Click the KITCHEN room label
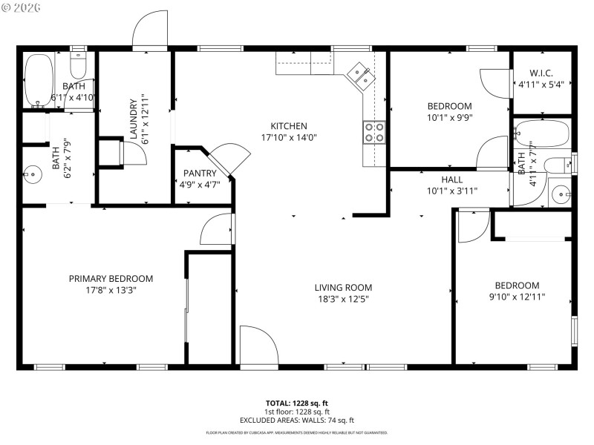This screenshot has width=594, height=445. tap(289, 126)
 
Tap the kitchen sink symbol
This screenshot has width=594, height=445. tap(361, 74)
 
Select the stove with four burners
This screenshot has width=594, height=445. tap(373, 132)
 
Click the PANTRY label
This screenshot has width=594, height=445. tap(200, 174)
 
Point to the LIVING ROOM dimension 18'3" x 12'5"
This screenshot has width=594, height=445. tap(342, 299)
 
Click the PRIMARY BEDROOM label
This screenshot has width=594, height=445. tap(111, 279)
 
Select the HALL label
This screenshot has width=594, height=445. tap(451, 179)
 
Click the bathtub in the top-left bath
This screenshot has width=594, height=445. tap(38, 81)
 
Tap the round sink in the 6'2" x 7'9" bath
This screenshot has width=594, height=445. tap(32, 176)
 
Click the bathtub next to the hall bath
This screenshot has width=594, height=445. tap(541, 134)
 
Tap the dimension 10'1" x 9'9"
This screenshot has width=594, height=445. tap(449, 117)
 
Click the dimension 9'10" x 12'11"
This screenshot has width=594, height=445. tap(517, 297)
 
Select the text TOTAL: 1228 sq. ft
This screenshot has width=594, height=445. tap(298, 403)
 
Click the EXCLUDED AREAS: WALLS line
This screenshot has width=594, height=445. tap(298, 420)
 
